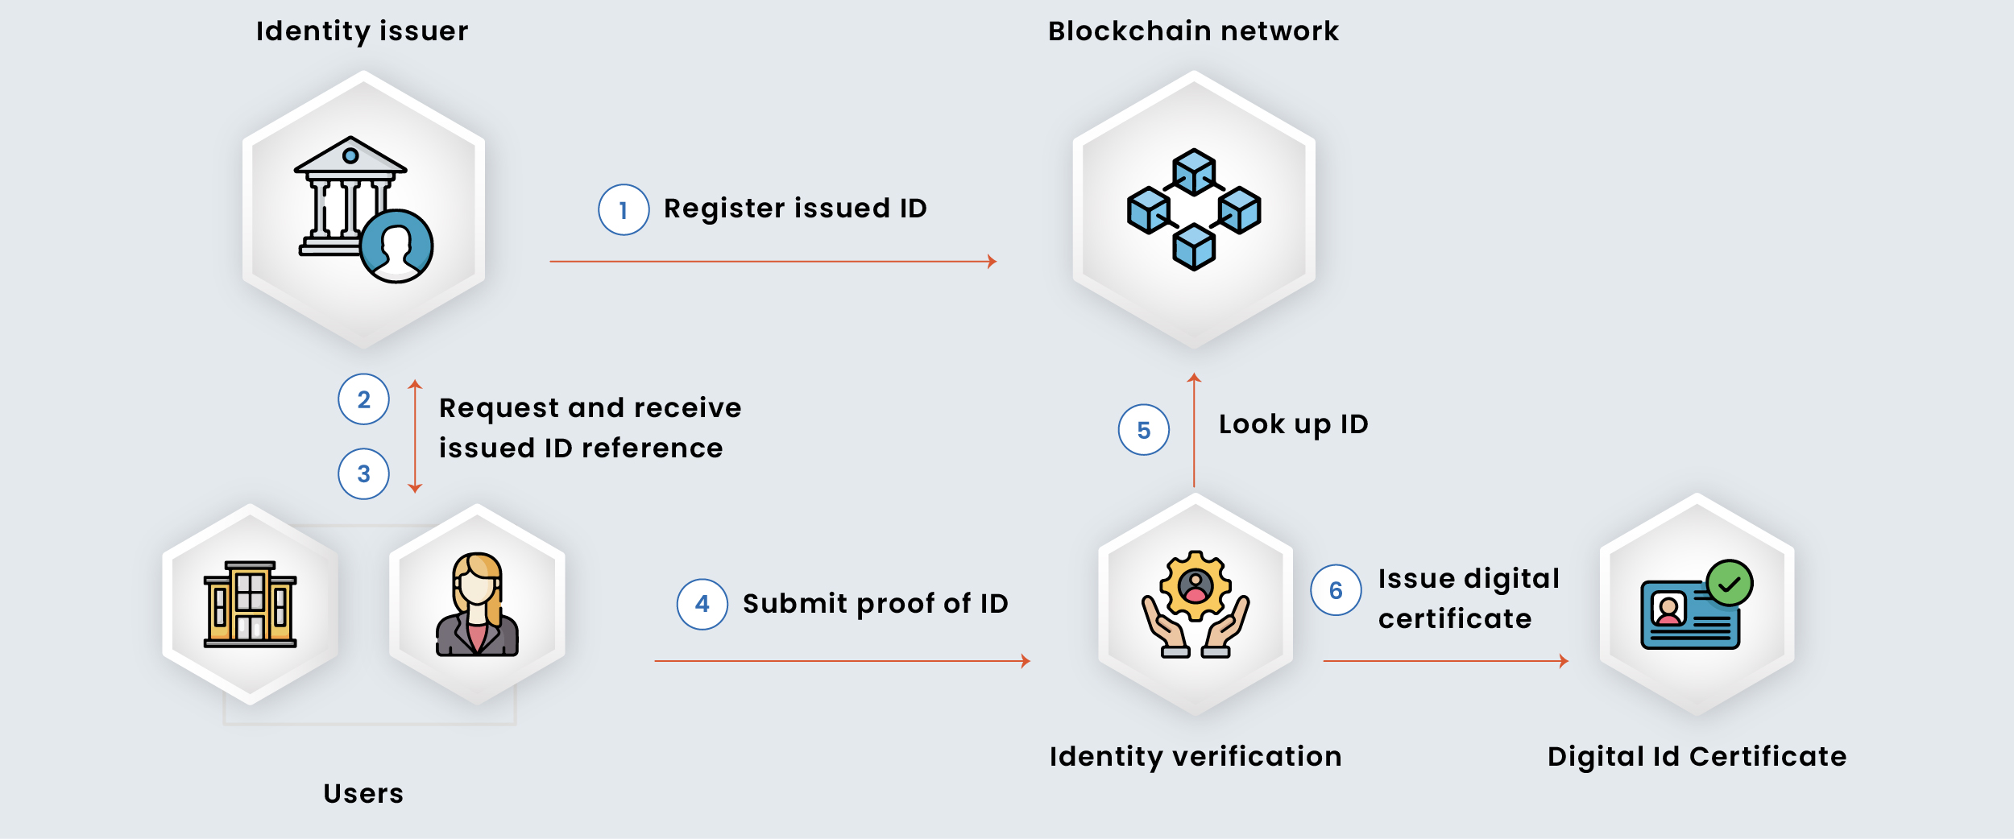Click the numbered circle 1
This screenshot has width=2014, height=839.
click(x=624, y=210)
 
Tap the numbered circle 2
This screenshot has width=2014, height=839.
click(x=363, y=399)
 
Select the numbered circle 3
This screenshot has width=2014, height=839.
click(x=363, y=473)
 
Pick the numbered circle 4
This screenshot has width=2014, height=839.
click(x=702, y=604)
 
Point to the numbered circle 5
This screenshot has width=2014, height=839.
click(x=1143, y=430)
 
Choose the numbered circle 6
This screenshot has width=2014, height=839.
click(x=1336, y=590)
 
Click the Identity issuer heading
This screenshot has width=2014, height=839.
click(x=362, y=31)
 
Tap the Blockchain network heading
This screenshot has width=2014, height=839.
click(x=1193, y=31)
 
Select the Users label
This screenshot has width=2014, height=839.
click(x=363, y=794)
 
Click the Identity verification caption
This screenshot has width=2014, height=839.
click(x=1196, y=757)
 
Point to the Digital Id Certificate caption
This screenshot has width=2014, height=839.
click(x=1697, y=757)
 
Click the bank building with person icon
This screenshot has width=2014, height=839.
click(x=363, y=210)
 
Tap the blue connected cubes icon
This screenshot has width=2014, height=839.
click(x=1194, y=209)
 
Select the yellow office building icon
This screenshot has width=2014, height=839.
click(x=250, y=605)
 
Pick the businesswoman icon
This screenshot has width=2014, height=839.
click(x=477, y=605)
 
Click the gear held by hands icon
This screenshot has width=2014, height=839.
click(x=1196, y=605)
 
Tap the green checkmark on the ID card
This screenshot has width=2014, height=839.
click(x=1729, y=583)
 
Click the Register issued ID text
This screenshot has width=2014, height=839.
click(x=795, y=209)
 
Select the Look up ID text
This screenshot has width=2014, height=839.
click(x=1293, y=424)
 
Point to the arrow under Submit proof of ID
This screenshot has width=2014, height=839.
click(x=842, y=661)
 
